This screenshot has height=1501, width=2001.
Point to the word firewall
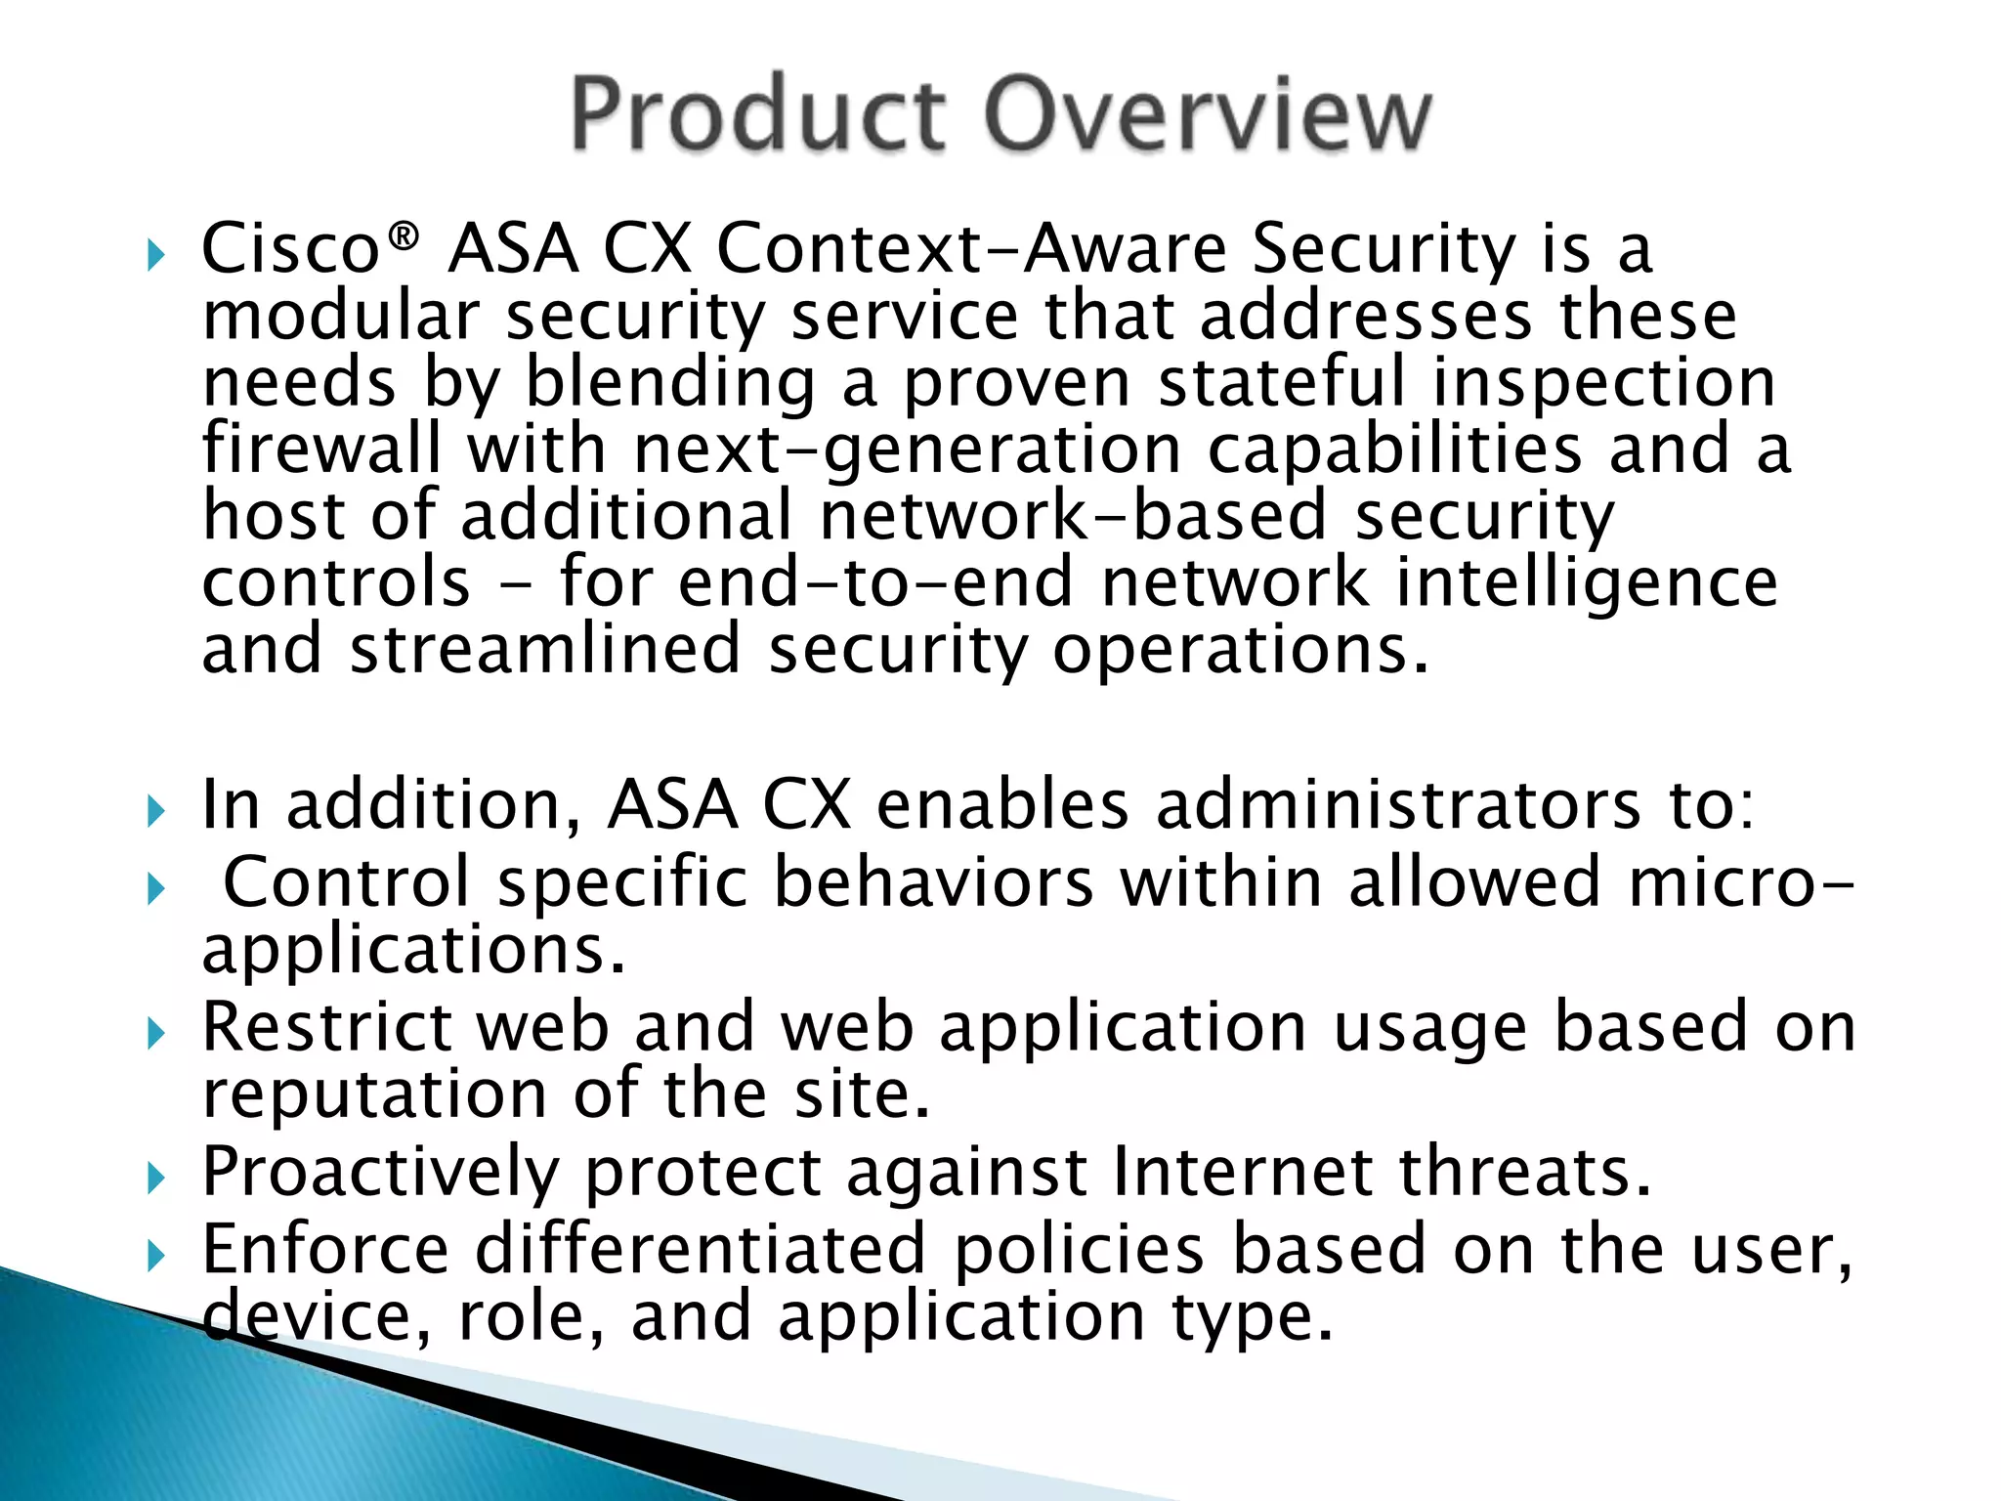321,448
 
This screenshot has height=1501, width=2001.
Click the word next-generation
908,450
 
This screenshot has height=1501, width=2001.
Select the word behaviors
933,881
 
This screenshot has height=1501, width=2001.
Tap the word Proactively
380,1172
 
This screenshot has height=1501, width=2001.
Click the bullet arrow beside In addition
156,811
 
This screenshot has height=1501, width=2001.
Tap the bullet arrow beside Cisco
156,256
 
